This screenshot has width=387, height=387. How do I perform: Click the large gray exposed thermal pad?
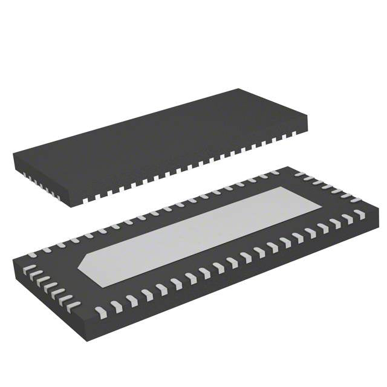(200, 236)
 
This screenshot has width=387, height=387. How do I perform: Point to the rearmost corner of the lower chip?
(286, 167)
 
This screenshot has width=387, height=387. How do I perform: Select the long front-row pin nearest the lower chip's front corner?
(100, 312)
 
